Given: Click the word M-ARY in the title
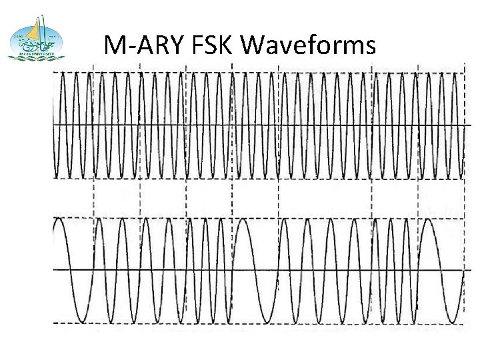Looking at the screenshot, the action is coord(137,46).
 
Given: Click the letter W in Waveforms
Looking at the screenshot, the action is coord(261,46).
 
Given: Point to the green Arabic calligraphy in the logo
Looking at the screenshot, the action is coord(32,45).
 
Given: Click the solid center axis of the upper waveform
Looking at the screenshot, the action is coord(260,125).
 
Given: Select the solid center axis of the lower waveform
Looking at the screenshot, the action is coord(260,270).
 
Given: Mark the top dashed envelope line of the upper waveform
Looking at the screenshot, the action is coord(260,71).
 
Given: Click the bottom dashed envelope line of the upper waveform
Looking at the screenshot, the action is coord(260,179).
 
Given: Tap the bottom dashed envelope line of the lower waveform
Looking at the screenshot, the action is coord(260,324).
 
